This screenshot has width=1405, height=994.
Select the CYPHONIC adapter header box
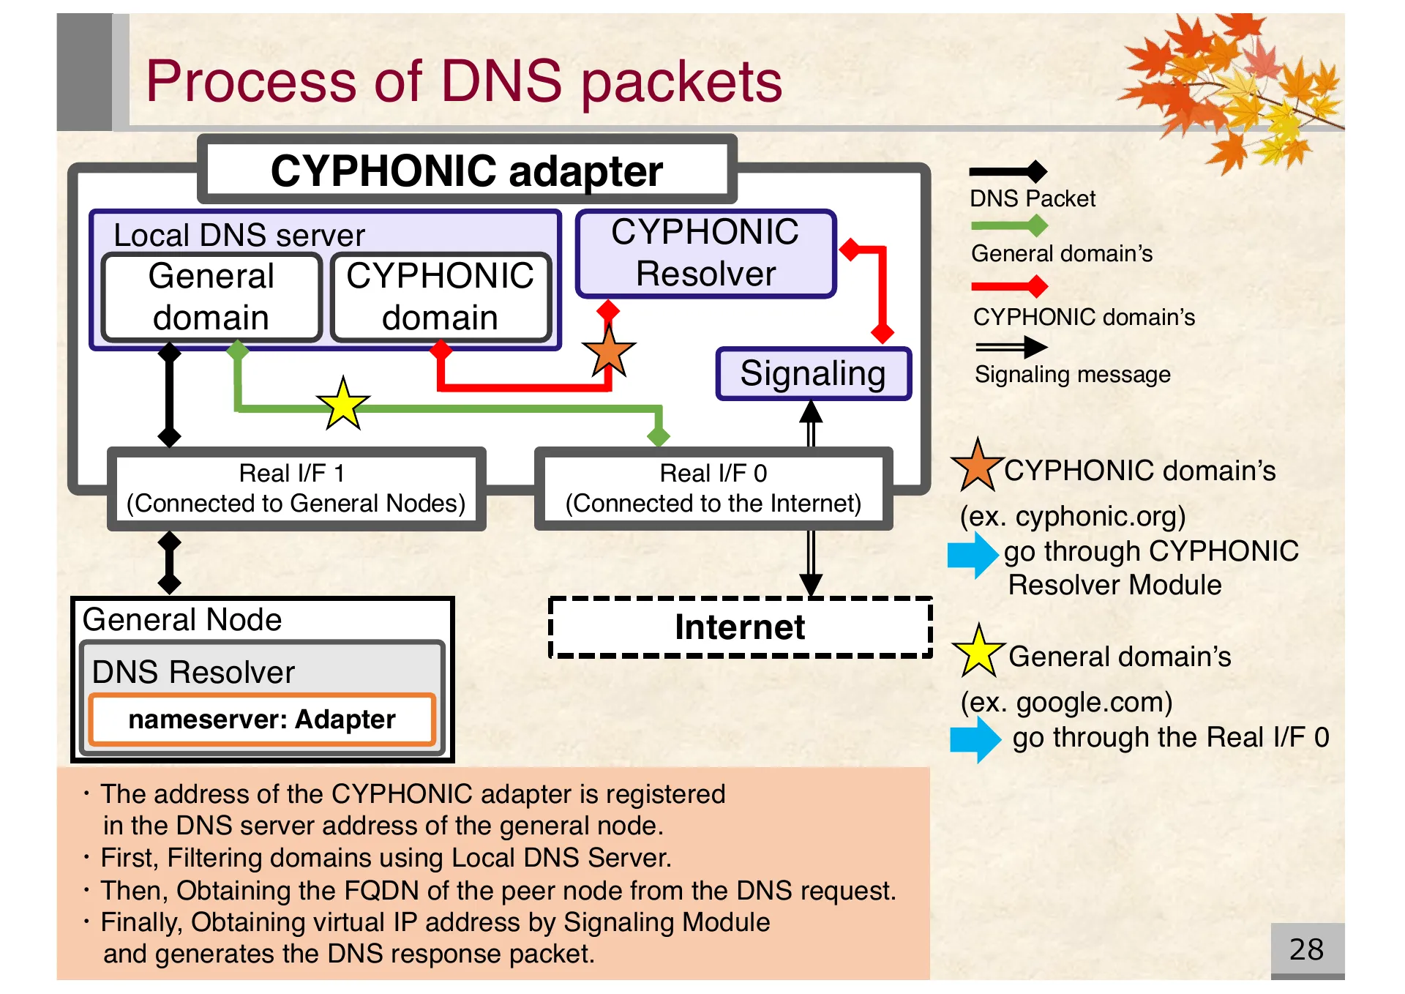coord(467,171)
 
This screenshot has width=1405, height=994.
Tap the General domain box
coord(211,297)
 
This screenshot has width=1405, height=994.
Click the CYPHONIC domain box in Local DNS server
coord(441,297)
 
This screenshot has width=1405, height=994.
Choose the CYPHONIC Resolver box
coord(705,253)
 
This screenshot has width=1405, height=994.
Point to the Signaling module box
coord(813,373)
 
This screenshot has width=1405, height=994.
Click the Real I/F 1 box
coord(296,488)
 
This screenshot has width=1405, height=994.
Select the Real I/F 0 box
coord(713,488)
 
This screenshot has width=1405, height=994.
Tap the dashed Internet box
coord(740,627)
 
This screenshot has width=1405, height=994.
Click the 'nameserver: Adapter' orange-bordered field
coord(262,720)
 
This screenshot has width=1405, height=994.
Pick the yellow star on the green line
coord(342,404)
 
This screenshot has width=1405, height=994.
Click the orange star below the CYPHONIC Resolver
coord(608,352)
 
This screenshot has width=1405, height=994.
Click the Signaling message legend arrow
coord(1011,347)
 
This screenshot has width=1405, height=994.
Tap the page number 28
coord(1306,949)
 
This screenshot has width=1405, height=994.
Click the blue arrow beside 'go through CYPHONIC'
coord(973,554)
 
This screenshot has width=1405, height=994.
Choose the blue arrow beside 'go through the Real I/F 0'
coord(975,739)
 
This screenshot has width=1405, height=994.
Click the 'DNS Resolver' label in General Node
coord(193,672)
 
